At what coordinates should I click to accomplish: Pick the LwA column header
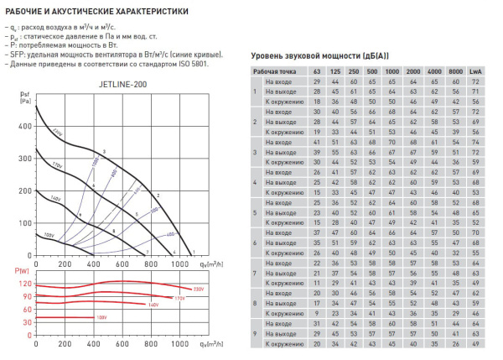[x=475, y=72]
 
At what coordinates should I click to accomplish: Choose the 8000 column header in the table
[x=455, y=72]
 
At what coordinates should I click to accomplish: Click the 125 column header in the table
[x=335, y=72]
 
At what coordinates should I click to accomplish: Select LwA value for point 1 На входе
[x=475, y=82]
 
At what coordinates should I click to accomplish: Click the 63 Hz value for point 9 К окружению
[x=316, y=343]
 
